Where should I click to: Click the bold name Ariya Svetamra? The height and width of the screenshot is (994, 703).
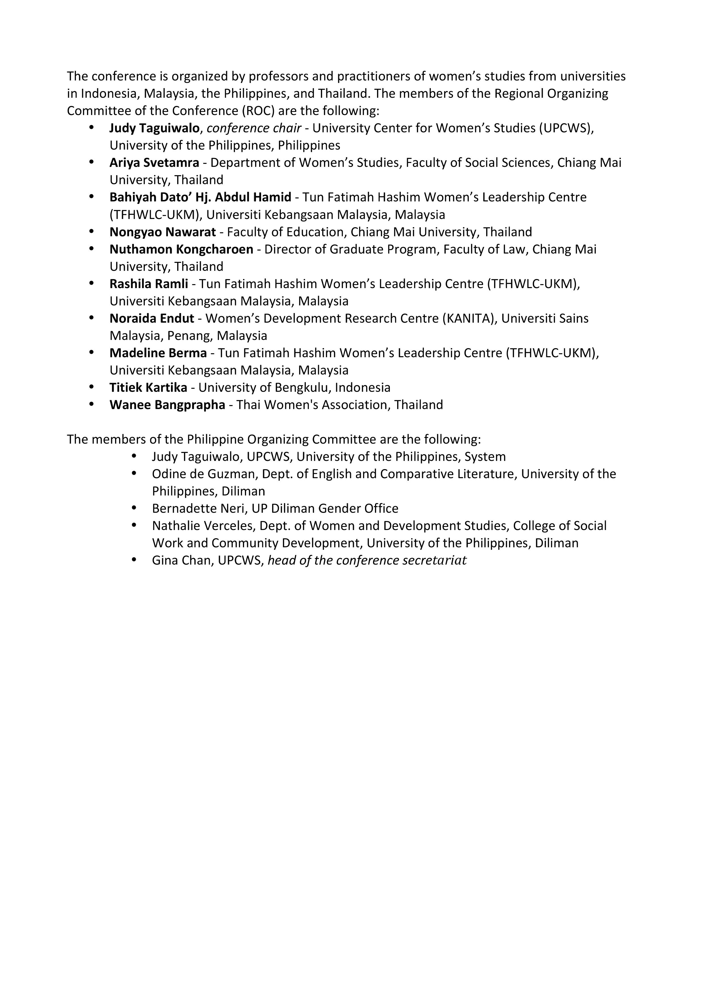click(x=154, y=163)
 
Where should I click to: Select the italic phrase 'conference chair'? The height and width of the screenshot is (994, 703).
click(x=254, y=128)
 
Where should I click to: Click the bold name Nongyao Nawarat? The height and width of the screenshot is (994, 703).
click(x=162, y=232)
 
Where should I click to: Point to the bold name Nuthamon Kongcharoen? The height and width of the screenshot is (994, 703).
click(x=181, y=249)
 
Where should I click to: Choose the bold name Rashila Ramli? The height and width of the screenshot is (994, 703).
click(x=149, y=284)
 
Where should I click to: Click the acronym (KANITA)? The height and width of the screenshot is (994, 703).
click(x=469, y=319)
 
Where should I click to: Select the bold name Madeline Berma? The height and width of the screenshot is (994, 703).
click(x=158, y=353)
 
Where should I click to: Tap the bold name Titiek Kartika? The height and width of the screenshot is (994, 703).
click(x=148, y=388)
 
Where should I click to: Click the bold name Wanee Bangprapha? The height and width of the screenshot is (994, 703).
click(x=167, y=405)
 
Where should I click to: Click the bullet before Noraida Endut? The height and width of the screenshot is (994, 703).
click(x=91, y=318)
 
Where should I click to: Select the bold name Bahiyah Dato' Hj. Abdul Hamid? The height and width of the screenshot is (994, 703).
click(x=200, y=197)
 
